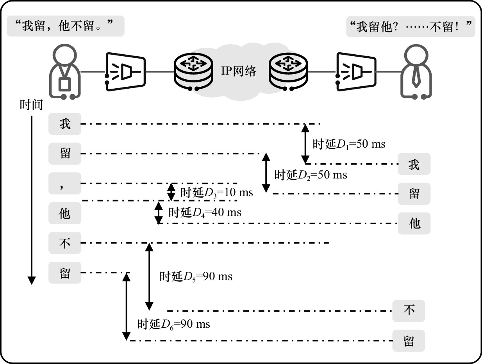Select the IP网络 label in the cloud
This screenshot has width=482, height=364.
(x=239, y=71)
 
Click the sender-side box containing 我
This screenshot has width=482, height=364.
(x=65, y=124)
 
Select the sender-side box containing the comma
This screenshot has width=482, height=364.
(x=65, y=183)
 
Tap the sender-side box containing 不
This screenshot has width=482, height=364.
(x=65, y=243)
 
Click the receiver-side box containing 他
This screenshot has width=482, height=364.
(x=414, y=223)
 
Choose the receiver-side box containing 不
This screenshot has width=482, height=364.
(x=409, y=311)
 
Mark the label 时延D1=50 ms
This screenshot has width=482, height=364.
(x=348, y=144)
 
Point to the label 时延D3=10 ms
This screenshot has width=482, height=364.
(x=216, y=192)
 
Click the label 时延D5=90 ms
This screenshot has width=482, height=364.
(x=196, y=277)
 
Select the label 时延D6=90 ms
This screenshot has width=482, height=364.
(x=173, y=324)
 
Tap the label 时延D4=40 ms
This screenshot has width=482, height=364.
(x=205, y=212)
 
